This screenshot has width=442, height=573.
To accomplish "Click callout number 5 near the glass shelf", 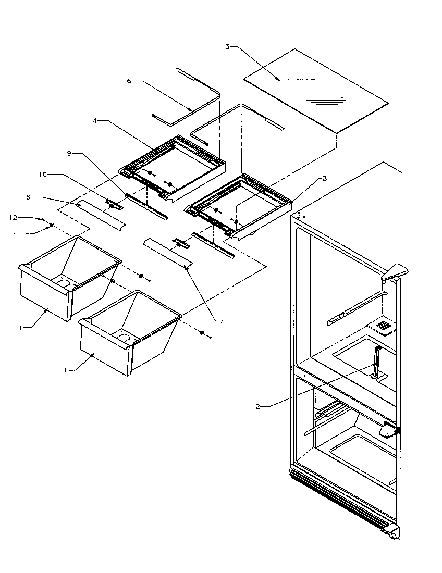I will pyautogui.click(x=227, y=47).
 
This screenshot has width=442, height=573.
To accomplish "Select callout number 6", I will pyautogui.click(x=129, y=81).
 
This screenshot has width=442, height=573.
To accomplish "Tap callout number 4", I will pyautogui.click(x=95, y=121).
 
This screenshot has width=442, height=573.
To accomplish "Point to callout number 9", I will pyautogui.click(x=69, y=153).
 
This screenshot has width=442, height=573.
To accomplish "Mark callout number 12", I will pyautogui.click(x=14, y=216).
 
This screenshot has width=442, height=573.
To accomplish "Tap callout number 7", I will pyautogui.click(x=221, y=321).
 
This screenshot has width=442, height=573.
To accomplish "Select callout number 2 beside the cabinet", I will pyautogui.click(x=257, y=406).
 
